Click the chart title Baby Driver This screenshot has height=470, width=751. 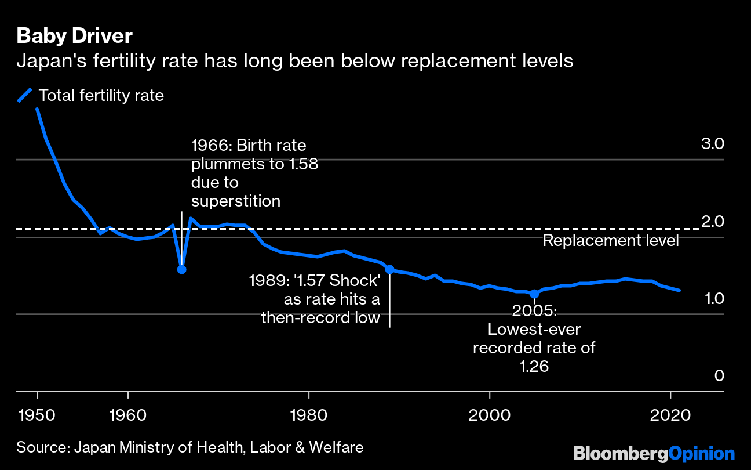click(x=74, y=36)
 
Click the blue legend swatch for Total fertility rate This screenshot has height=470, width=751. click(x=24, y=95)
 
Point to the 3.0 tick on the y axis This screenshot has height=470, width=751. click(x=713, y=143)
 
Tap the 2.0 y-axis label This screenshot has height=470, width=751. click(x=713, y=221)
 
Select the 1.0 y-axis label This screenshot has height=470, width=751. click(x=713, y=298)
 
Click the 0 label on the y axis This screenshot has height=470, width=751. click(x=719, y=376)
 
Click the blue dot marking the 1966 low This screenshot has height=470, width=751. click(x=182, y=269)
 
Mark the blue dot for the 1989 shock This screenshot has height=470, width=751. click(x=390, y=269)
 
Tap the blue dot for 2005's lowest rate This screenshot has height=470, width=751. click(x=534, y=294)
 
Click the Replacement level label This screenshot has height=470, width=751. click(x=610, y=240)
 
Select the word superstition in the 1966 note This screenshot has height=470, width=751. click(x=235, y=201)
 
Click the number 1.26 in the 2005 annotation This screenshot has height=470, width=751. click(x=534, y=367)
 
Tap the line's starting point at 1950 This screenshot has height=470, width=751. click(x=38, y=109)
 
